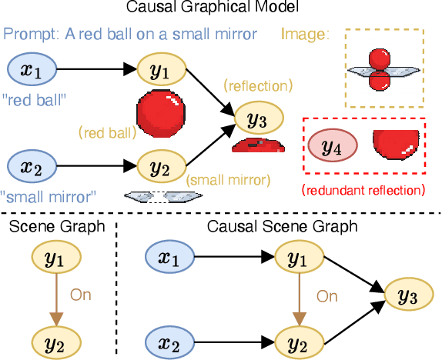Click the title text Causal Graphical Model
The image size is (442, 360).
(x=221, y=9)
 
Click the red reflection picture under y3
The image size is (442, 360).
(x=258, y=145)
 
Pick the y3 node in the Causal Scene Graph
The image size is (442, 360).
(x=408, y=295)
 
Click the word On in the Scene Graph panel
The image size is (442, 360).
(x=81, y=294)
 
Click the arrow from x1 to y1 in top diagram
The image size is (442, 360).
(x=96, y=71)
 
